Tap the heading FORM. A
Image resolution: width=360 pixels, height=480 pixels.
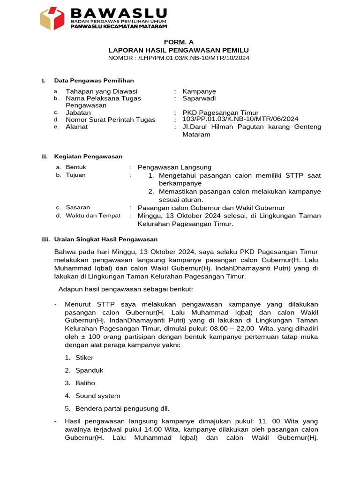tap(179, 42)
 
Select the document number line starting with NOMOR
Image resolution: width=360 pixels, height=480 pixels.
tap(179, 58)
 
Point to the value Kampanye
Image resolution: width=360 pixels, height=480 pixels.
tap(199, 91)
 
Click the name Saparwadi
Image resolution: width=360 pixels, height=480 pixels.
tap(199, 98)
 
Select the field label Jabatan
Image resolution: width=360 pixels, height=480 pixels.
tap(79, 112)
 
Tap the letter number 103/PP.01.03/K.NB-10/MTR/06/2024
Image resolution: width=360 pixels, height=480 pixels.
tap(240, 119)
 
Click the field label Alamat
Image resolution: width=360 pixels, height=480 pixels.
tap(76, 127)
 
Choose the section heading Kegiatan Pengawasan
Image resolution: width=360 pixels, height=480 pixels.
tap(88, 157)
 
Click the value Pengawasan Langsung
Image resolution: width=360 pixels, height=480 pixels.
tap(174, 167)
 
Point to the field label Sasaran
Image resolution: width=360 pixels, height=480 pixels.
tap(78, 207)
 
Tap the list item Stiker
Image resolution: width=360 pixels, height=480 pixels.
tap(84, 358)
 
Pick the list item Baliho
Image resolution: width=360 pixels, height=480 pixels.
tap(85, 383)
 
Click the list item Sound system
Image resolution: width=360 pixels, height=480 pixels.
tap(97, 396)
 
